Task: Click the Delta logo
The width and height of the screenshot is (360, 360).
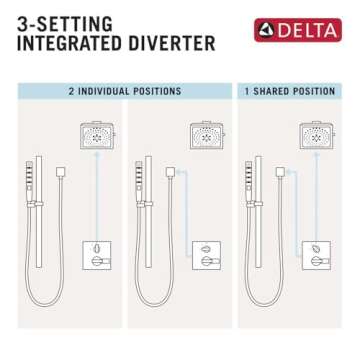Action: point(297,30)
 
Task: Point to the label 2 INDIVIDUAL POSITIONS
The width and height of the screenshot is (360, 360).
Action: point(124,91)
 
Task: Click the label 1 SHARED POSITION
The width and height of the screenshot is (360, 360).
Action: point(290,91)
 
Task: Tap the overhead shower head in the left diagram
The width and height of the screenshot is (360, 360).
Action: point(97,135)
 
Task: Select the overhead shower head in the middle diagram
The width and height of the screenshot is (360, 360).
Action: point(207,135)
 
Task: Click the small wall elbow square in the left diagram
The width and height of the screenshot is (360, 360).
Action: point(62,172)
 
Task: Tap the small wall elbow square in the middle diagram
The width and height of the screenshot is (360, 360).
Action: point(172,172)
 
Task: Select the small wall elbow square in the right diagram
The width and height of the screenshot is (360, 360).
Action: point(282,172)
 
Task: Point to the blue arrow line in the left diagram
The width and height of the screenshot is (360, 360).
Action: point(97,195)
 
